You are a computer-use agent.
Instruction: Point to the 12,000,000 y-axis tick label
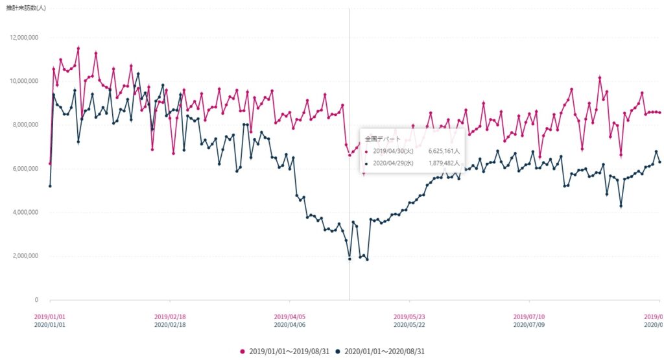(x=23, y=37)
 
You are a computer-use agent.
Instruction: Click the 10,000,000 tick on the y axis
(x=23, y=81)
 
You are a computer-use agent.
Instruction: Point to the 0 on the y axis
(x=36, y=300)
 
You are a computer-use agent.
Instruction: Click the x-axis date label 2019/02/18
(x=170, y=317)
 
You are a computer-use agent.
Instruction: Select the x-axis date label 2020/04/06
(x=290, y=324)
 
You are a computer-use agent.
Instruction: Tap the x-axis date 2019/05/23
(x=410, y=317)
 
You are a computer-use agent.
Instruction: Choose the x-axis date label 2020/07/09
(x=530, y=324)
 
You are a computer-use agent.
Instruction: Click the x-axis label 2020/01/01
(x=50, y=324)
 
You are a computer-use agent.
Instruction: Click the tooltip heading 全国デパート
(x=380, y=139)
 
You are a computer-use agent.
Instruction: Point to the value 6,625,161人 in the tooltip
(x=444, y=152)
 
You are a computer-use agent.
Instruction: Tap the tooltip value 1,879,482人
(x=444, y=163)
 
